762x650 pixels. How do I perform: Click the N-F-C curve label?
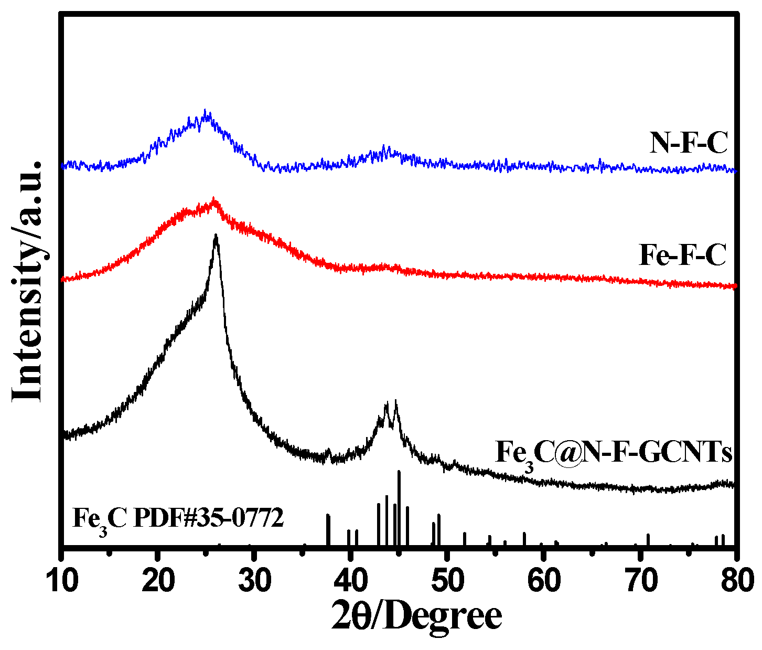point(689,143)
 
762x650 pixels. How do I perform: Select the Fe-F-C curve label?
point(683,255)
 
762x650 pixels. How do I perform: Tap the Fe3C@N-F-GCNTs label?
point(613,453)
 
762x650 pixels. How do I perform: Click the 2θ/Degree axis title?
point(417,617)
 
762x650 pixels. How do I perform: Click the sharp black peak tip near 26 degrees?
point(216,236)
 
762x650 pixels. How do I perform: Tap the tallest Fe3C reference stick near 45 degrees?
point(399,472)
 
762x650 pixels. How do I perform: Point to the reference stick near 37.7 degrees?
point(328,516)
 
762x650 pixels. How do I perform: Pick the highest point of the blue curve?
point(205,110)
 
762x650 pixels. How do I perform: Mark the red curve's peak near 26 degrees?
point(213,198)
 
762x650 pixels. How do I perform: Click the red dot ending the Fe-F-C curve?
point(735,286)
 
